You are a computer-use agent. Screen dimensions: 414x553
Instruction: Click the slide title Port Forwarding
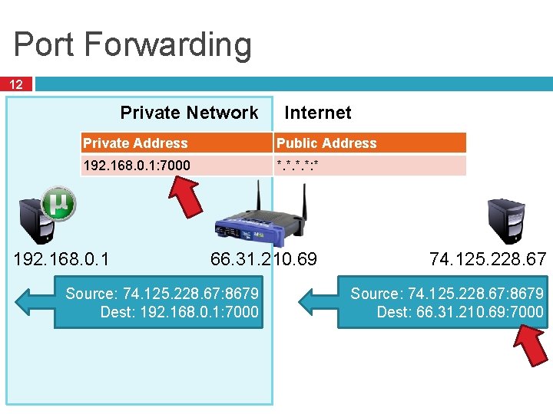click(x=132, y=44)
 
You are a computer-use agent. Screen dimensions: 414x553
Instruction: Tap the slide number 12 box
click(x=16, y=84)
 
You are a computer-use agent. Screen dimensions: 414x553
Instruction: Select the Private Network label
click(x=189, y=113)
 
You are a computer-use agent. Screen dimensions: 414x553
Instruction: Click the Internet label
click(x=317, y=113)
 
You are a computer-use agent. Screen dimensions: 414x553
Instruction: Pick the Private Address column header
click(x=135, y=143)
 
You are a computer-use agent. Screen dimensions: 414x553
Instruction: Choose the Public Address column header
click(x=326, y=143)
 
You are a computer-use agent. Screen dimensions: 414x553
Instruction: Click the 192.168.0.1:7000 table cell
click(x=137, y=165)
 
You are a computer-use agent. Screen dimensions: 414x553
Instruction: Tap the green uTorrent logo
click(x=58, y=203)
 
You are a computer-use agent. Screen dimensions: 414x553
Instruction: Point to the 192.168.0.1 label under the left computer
click(x=61, y=259)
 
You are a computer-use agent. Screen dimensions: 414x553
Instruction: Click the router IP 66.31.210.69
click(x=263, y=259)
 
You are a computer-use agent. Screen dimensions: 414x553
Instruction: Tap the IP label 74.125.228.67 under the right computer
click(x=488, y=259)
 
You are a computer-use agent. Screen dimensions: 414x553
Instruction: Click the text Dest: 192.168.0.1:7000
click(x=179, y=312)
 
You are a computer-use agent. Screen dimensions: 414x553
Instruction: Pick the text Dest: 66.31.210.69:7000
click(x=459, y=312)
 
